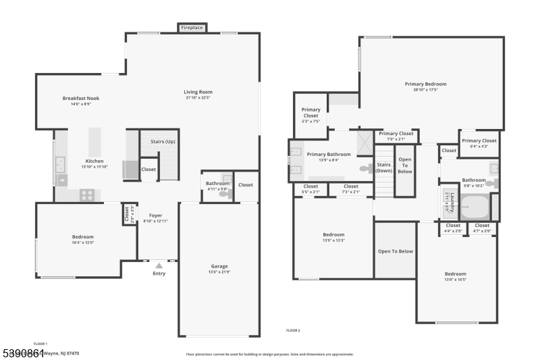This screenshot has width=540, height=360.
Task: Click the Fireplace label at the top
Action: pos(192,28)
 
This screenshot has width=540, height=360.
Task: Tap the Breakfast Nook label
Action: pos(81,99)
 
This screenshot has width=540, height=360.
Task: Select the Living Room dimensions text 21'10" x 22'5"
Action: pos(198,98)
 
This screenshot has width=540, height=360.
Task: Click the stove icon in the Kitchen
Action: pos(87,195)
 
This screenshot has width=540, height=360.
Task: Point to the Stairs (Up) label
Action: pos(159,142)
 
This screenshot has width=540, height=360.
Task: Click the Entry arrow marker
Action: pos(159,265)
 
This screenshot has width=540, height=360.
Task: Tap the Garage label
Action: pos(219,266)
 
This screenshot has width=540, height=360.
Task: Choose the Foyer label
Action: pos(155,215)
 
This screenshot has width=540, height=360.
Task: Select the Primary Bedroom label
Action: pos(425,84)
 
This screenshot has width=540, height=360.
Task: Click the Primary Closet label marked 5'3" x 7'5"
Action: pos(310,113)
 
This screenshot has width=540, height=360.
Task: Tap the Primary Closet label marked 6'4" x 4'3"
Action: pos(479,140)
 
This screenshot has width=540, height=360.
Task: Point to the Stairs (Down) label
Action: pos(384,168)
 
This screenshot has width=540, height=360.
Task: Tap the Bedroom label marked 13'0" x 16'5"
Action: pos(455,274)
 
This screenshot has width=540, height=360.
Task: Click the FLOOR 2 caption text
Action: pos(293,330)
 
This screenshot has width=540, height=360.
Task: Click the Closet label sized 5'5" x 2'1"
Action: pos(310,186)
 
